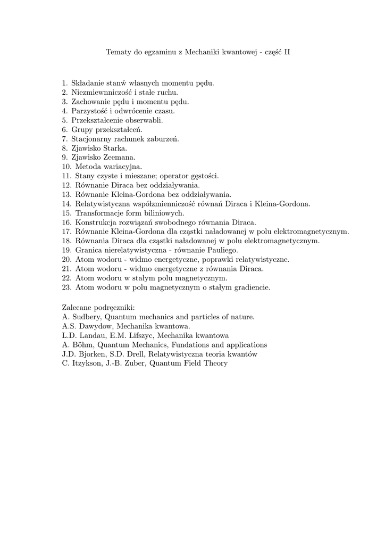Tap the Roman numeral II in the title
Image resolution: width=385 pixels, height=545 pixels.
pyautogui.click(x=287, y=52)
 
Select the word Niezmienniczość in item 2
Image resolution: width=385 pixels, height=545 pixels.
pyautogui.click(x=98, y=92)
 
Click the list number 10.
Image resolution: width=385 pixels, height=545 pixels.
pyautogui.click(x=65, y=167)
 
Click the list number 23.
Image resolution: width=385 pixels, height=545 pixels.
pyautogui.click(x=65, y=287)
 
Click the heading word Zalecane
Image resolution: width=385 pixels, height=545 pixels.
pyautogui.click(x=77, y=308)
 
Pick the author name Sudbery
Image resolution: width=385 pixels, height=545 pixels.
pyautogui.click(x=87, y=317)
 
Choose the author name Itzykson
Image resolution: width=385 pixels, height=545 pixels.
pyautogui.click(x=87, y=363)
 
